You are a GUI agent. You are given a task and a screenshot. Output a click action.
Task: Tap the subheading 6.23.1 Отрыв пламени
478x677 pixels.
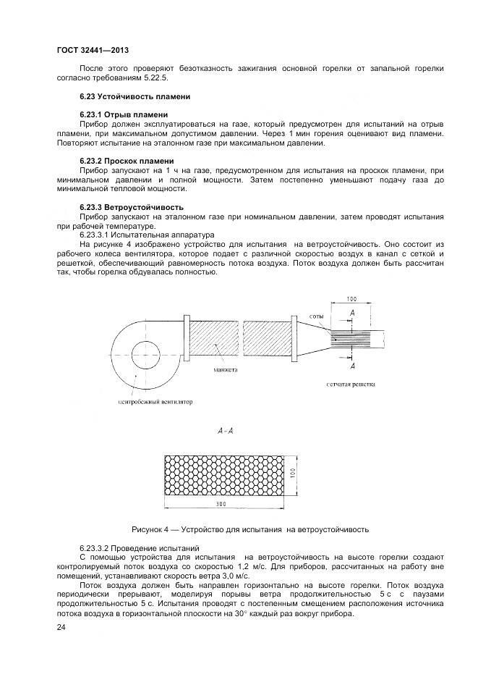(x=123, y=115)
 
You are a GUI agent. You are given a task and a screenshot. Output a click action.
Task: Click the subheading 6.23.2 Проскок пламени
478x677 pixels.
(x=127, y=161)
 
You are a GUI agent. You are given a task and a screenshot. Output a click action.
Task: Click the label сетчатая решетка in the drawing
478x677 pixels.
(x=351, y=384)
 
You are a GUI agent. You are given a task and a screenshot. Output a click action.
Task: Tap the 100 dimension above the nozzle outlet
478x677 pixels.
(x=351, y=298)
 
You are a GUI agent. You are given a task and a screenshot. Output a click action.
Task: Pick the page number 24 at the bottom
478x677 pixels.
(x=61, y=627)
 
